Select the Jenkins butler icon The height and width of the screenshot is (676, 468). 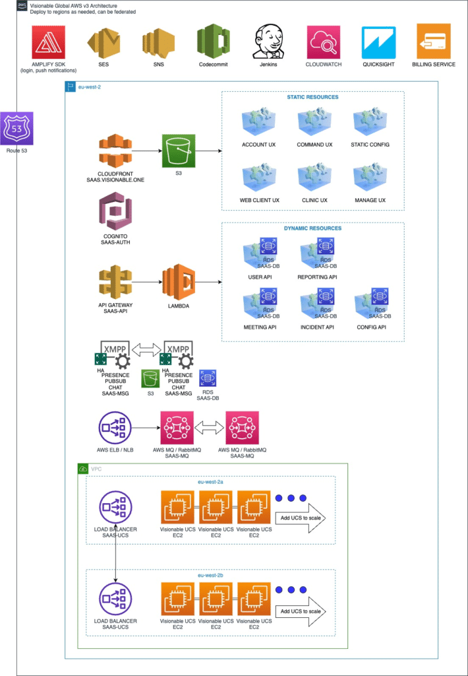268,42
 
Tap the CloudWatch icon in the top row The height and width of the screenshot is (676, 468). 324,42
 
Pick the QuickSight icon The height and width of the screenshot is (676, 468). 378,42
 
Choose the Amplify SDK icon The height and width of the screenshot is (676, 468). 48,42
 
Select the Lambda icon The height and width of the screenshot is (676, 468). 180,282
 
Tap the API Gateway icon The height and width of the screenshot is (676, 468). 115,282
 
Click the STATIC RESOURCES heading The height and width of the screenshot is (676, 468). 312,97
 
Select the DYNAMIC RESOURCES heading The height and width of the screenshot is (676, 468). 312,228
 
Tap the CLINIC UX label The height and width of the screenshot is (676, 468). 314,200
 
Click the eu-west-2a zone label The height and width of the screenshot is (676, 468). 211,483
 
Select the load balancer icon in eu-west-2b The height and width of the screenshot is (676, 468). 115,599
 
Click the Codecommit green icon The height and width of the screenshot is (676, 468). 213,42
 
